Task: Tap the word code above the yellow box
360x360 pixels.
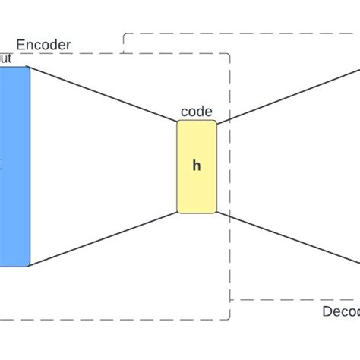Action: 196,112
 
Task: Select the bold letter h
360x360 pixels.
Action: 196,166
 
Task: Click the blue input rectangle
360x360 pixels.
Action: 14,166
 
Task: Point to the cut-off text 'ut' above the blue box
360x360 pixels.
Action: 7,58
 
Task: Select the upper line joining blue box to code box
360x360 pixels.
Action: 103,93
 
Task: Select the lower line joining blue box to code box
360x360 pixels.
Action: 103,239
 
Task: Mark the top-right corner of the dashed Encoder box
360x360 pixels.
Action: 230,54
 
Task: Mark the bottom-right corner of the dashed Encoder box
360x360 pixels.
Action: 230,320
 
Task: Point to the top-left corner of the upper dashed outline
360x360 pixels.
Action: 122,34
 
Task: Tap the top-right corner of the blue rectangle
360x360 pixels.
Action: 29,67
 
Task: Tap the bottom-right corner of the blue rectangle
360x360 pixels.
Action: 29,266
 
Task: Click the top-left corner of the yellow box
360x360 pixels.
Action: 178,122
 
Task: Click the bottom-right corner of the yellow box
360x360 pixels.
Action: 216,212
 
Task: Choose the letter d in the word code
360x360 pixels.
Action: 201,112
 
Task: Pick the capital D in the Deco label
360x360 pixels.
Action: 327,312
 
